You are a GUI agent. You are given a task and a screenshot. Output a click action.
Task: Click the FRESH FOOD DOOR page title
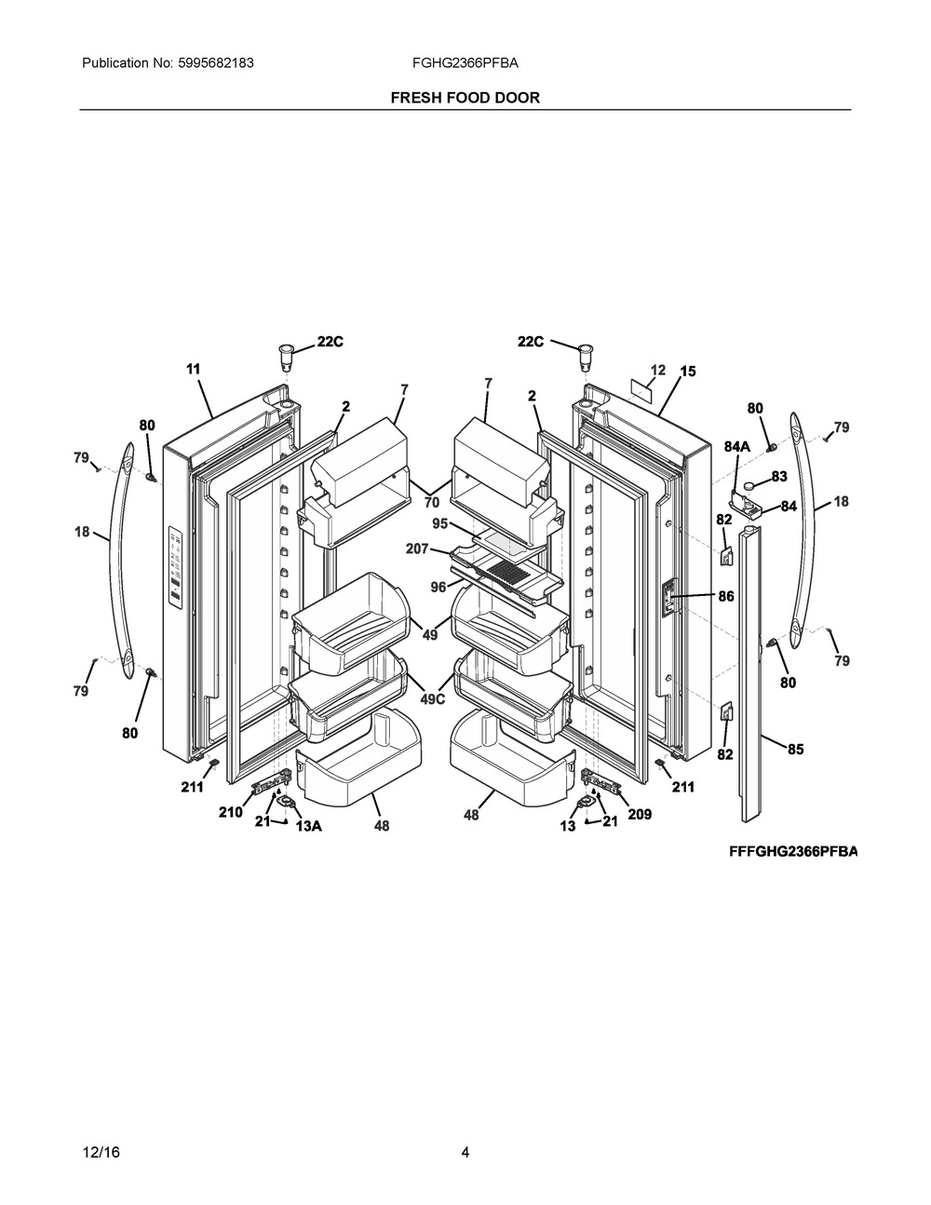pos(465,97)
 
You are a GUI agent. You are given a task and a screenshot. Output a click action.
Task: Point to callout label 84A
pos(737,447)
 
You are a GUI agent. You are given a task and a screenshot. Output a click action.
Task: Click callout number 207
pos(417,549)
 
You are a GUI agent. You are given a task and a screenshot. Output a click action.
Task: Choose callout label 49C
pos(433,698)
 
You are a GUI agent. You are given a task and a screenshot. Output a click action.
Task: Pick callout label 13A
pos(309,825)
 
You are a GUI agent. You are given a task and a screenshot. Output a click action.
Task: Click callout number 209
pos(639,814)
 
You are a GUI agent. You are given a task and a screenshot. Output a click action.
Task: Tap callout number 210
pos(230,812)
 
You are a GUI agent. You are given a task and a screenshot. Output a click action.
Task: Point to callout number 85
pos(795,749)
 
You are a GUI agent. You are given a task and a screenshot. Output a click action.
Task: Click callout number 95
pos(440,523)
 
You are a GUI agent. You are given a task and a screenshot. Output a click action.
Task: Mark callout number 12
pos(658,370)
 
